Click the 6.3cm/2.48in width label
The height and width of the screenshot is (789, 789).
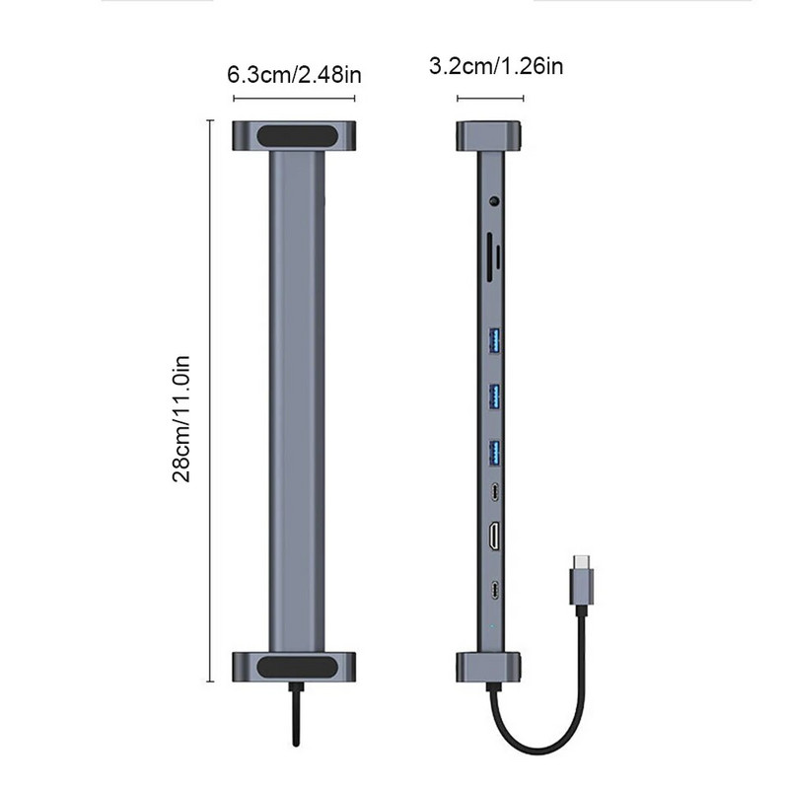tap(292, 74)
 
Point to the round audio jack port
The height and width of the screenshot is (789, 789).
tap(492, 204)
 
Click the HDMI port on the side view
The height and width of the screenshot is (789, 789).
tap(493, 538)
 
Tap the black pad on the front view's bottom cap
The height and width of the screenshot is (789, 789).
tap(293, 667)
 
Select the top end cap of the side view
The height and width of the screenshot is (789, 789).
tap(490, 135)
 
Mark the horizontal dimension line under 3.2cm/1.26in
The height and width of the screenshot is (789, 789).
tap(490, 98)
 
